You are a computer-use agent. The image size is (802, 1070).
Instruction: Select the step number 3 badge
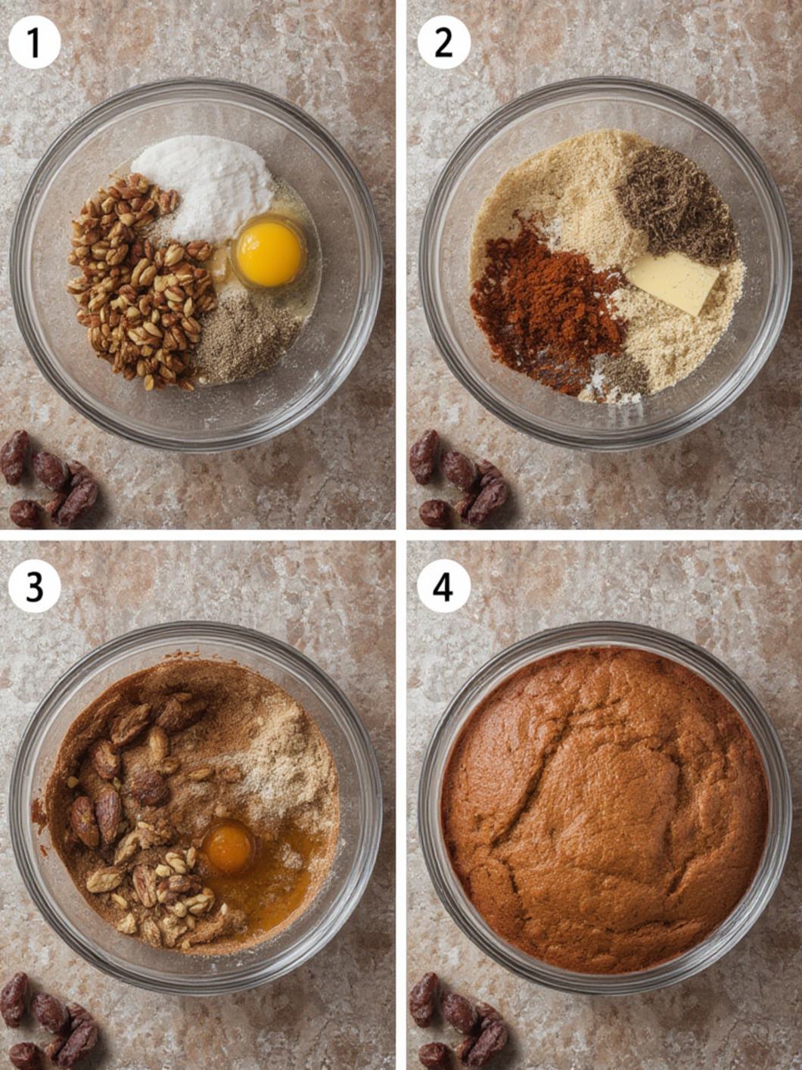34,587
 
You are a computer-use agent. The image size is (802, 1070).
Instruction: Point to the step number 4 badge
443,587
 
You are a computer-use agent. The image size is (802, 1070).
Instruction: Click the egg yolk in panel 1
269,254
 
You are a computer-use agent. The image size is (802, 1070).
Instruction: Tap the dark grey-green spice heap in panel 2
677,205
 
